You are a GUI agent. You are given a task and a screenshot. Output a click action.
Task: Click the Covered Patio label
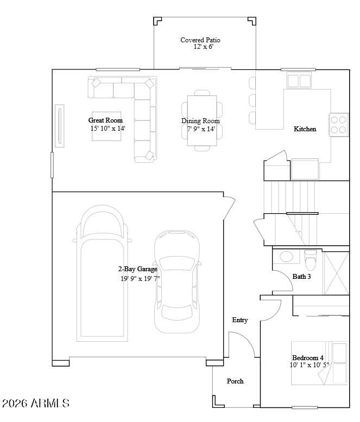tap(200, 40)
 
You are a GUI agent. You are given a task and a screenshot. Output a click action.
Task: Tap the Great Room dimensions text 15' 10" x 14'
tap(108, 129)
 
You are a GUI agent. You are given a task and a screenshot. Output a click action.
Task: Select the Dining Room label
tap(200, 121)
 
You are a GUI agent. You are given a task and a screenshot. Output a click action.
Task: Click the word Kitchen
tap(305, 129)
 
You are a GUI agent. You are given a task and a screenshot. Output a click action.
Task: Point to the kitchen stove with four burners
tap(338, 125)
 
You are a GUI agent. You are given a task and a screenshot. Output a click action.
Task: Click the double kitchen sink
tap(299, 80)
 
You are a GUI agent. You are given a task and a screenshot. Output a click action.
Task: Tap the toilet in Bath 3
tap(311, 260)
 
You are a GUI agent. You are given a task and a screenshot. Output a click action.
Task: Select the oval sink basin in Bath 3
tap(286, 256)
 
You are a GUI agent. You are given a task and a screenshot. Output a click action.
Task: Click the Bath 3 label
tap(301, 277)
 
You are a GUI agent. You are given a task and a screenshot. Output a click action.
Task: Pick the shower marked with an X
tap(336, 273)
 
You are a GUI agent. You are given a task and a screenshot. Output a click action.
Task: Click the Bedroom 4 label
tap(308, 357)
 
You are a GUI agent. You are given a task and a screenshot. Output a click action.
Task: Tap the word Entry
tap(240, 320)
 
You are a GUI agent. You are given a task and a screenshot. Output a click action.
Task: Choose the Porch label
tap(235, 381)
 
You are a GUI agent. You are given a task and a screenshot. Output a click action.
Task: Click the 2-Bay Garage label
tap(138, 269)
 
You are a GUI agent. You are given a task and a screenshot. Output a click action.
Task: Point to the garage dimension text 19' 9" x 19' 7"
tap(140, 278)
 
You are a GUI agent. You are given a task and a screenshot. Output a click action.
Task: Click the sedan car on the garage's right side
tap(177, 282)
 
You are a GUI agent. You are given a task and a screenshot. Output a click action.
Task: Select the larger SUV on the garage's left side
tap(102, 273)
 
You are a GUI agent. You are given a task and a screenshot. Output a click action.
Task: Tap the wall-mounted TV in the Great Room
tap(60, 126)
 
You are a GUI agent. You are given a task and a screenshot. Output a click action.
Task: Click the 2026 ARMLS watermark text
tap(36, 403)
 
